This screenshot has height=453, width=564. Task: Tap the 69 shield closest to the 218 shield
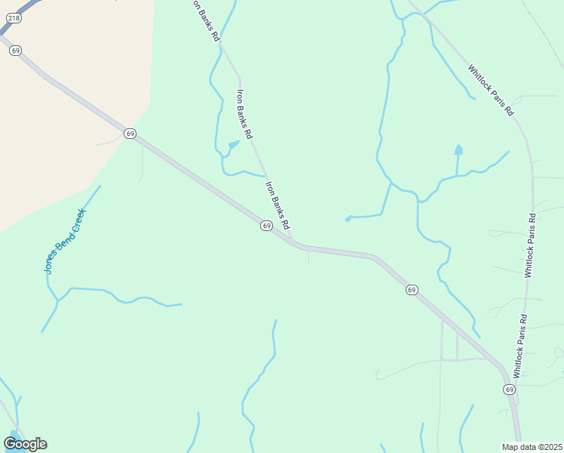pyautogui.click(x=16, y=50)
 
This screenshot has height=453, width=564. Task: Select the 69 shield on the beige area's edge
pyautogui.click(x=130, y=133)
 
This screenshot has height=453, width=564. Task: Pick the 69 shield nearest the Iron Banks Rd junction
pyautogui.click(x=266, y=226)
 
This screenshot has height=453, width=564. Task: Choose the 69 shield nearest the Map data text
pyautogui.click(x=510, y=390)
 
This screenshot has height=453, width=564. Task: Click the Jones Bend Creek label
pyautogui.click(x=64, y=241)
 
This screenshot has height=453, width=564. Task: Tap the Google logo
pyautogui.click(x=25, y=443)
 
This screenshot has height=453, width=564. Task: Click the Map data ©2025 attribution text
pyautogui.click(x=532, y=447)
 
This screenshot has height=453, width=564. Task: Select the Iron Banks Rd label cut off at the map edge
pyautogui.click(x=205, y=20)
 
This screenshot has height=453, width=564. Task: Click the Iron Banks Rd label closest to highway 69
pyautogui.click(x=277, y=204)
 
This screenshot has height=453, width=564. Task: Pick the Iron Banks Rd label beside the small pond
pyautogui.click(x=244, y=113)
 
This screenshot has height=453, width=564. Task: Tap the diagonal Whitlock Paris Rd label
pyautogui.click(x=490, y=90)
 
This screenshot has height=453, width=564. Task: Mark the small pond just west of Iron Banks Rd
pyautogui.click(x=234, y=143)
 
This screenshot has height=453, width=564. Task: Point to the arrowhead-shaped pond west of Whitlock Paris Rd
pyautogui.click(x=458, y=149)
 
